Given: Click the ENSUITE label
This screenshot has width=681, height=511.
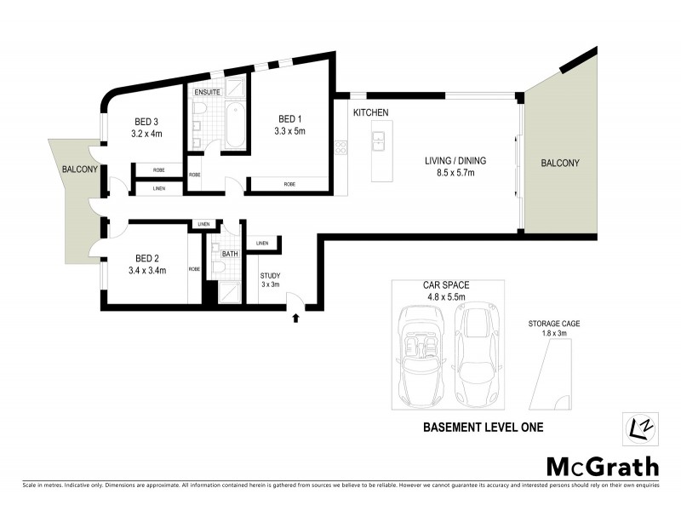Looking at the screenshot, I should [208, 92].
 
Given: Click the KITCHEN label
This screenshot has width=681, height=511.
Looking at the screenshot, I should [371, 112].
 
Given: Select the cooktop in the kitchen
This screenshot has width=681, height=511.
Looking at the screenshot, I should [340, 147].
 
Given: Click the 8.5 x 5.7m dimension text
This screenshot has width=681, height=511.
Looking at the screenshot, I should [449, 173].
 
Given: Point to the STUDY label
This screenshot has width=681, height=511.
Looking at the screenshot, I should [270, 275].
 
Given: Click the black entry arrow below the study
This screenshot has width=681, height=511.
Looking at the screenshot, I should [295, 318].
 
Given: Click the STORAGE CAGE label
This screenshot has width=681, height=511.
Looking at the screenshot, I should [553, 324].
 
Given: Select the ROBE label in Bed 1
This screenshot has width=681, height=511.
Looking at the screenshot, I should [289, 184].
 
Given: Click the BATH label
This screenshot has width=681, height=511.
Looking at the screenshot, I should [229, 253].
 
